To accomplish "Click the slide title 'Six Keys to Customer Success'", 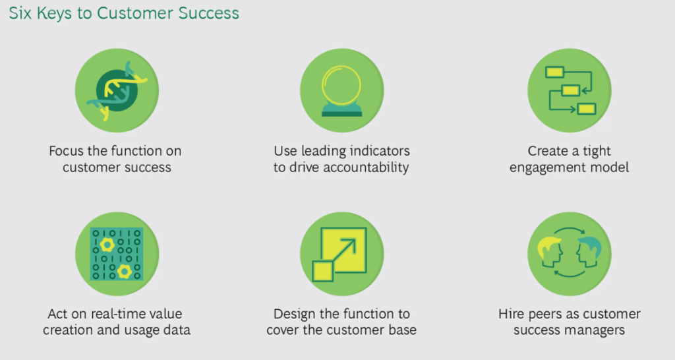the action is (124, 13).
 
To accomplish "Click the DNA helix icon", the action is (117, 90).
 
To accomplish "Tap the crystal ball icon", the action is (342, 91).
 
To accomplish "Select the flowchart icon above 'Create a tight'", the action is (570, 90).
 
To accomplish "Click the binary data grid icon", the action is (117, 254).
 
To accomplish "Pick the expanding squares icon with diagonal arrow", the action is (339, 255).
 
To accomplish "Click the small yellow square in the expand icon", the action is (322, 271).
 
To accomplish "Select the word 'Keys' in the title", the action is (55, 13).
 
